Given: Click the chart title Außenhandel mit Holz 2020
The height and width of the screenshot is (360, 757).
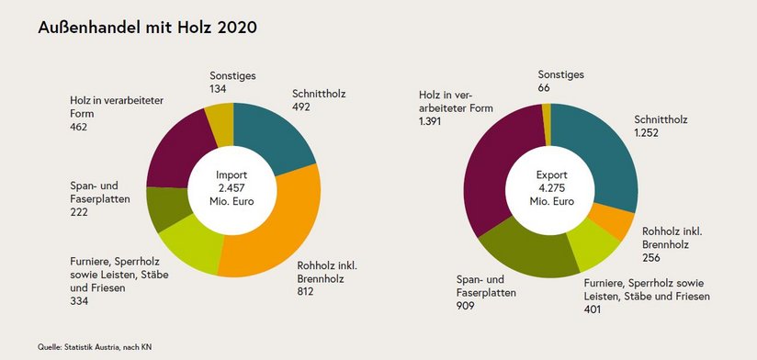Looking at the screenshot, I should click(x=147, y=28).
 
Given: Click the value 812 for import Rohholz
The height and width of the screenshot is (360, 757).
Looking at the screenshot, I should click(x=305, y=292).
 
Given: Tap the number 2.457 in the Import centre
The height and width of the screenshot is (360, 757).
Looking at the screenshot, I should click(x=233, y=187).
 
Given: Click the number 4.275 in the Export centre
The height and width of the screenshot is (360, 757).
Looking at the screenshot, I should click(x=550, y=187).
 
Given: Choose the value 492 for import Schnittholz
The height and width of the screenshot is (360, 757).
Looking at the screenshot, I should click(x=301, y=107).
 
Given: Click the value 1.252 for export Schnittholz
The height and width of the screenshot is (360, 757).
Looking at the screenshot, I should click(x=647, y=132).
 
